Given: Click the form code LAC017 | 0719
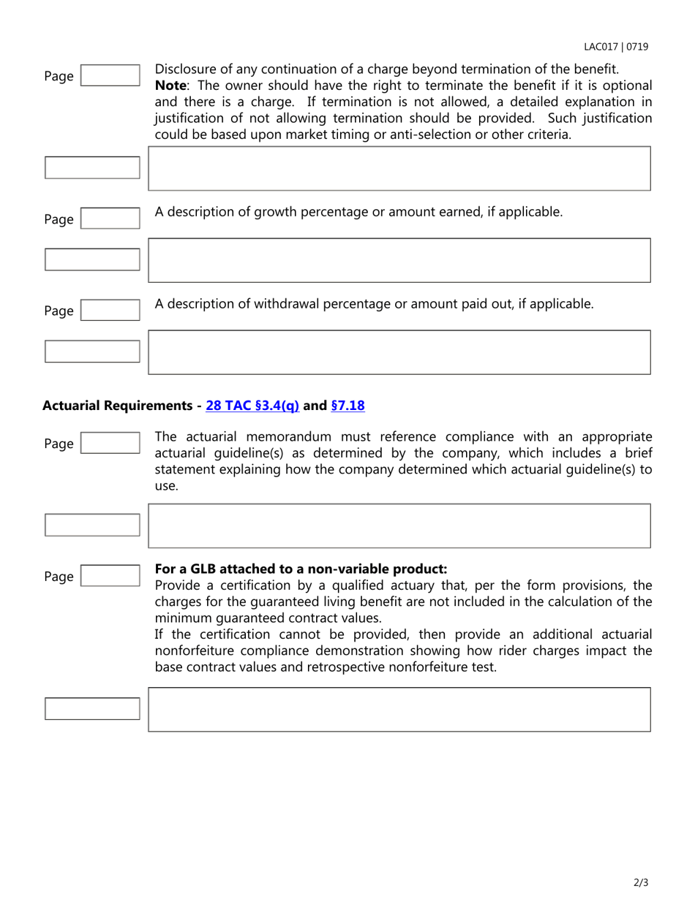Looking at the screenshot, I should [615, 47].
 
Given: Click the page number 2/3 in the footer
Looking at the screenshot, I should [641, 883].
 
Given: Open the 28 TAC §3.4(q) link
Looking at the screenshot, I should [253, 406].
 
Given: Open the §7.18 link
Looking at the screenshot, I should [347, 406].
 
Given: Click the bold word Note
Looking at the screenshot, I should [170, 86].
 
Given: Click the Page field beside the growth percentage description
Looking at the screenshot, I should [110, 219].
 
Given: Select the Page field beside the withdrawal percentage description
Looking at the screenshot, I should [110, 311].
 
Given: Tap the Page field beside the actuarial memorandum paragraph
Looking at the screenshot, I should [110, 444].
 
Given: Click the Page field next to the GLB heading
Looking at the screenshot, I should [110, 576].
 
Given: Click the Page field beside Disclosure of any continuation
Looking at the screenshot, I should [110, 76].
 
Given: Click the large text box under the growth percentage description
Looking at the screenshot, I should [399, 260].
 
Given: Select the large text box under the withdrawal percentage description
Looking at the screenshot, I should [399, 352].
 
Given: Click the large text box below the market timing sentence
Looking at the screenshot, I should [399, 168].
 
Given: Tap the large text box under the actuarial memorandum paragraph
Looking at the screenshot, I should [399, 526].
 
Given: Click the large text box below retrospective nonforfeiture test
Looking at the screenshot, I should [399, 709].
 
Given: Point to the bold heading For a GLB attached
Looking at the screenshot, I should [301, 569].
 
